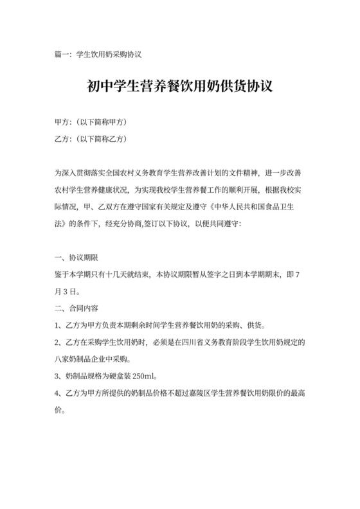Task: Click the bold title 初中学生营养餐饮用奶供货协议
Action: [x=179, y=86]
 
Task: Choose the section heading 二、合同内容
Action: [x=77, y=308]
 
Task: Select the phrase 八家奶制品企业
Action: [x=87, y=358]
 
